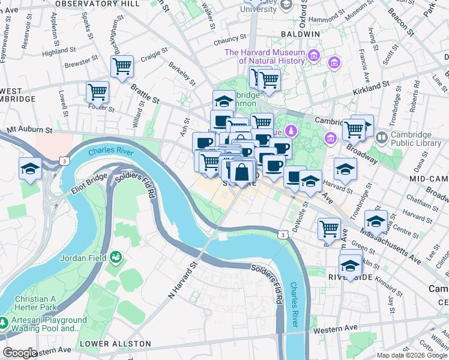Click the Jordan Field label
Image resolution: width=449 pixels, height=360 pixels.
coord(83,259)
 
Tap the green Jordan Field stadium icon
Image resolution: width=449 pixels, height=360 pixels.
coord(116,258)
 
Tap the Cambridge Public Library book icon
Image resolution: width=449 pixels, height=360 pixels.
coord(381,138)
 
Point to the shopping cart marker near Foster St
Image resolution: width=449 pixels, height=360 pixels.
coord(97,93)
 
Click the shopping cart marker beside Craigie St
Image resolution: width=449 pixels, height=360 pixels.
coord(122,67)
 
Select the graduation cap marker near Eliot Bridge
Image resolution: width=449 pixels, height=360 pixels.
coord(30,169)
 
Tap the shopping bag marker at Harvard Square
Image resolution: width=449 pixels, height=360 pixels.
coord(241,173)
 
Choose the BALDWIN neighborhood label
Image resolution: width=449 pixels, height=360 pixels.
coord(304,34)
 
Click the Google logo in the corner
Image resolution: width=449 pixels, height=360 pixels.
coord(19,353)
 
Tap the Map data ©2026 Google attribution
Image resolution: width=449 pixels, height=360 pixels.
coord(412,355)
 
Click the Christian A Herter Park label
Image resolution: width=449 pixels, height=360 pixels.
coord(28,304)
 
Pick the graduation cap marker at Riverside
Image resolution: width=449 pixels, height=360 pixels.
coord(350,265)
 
